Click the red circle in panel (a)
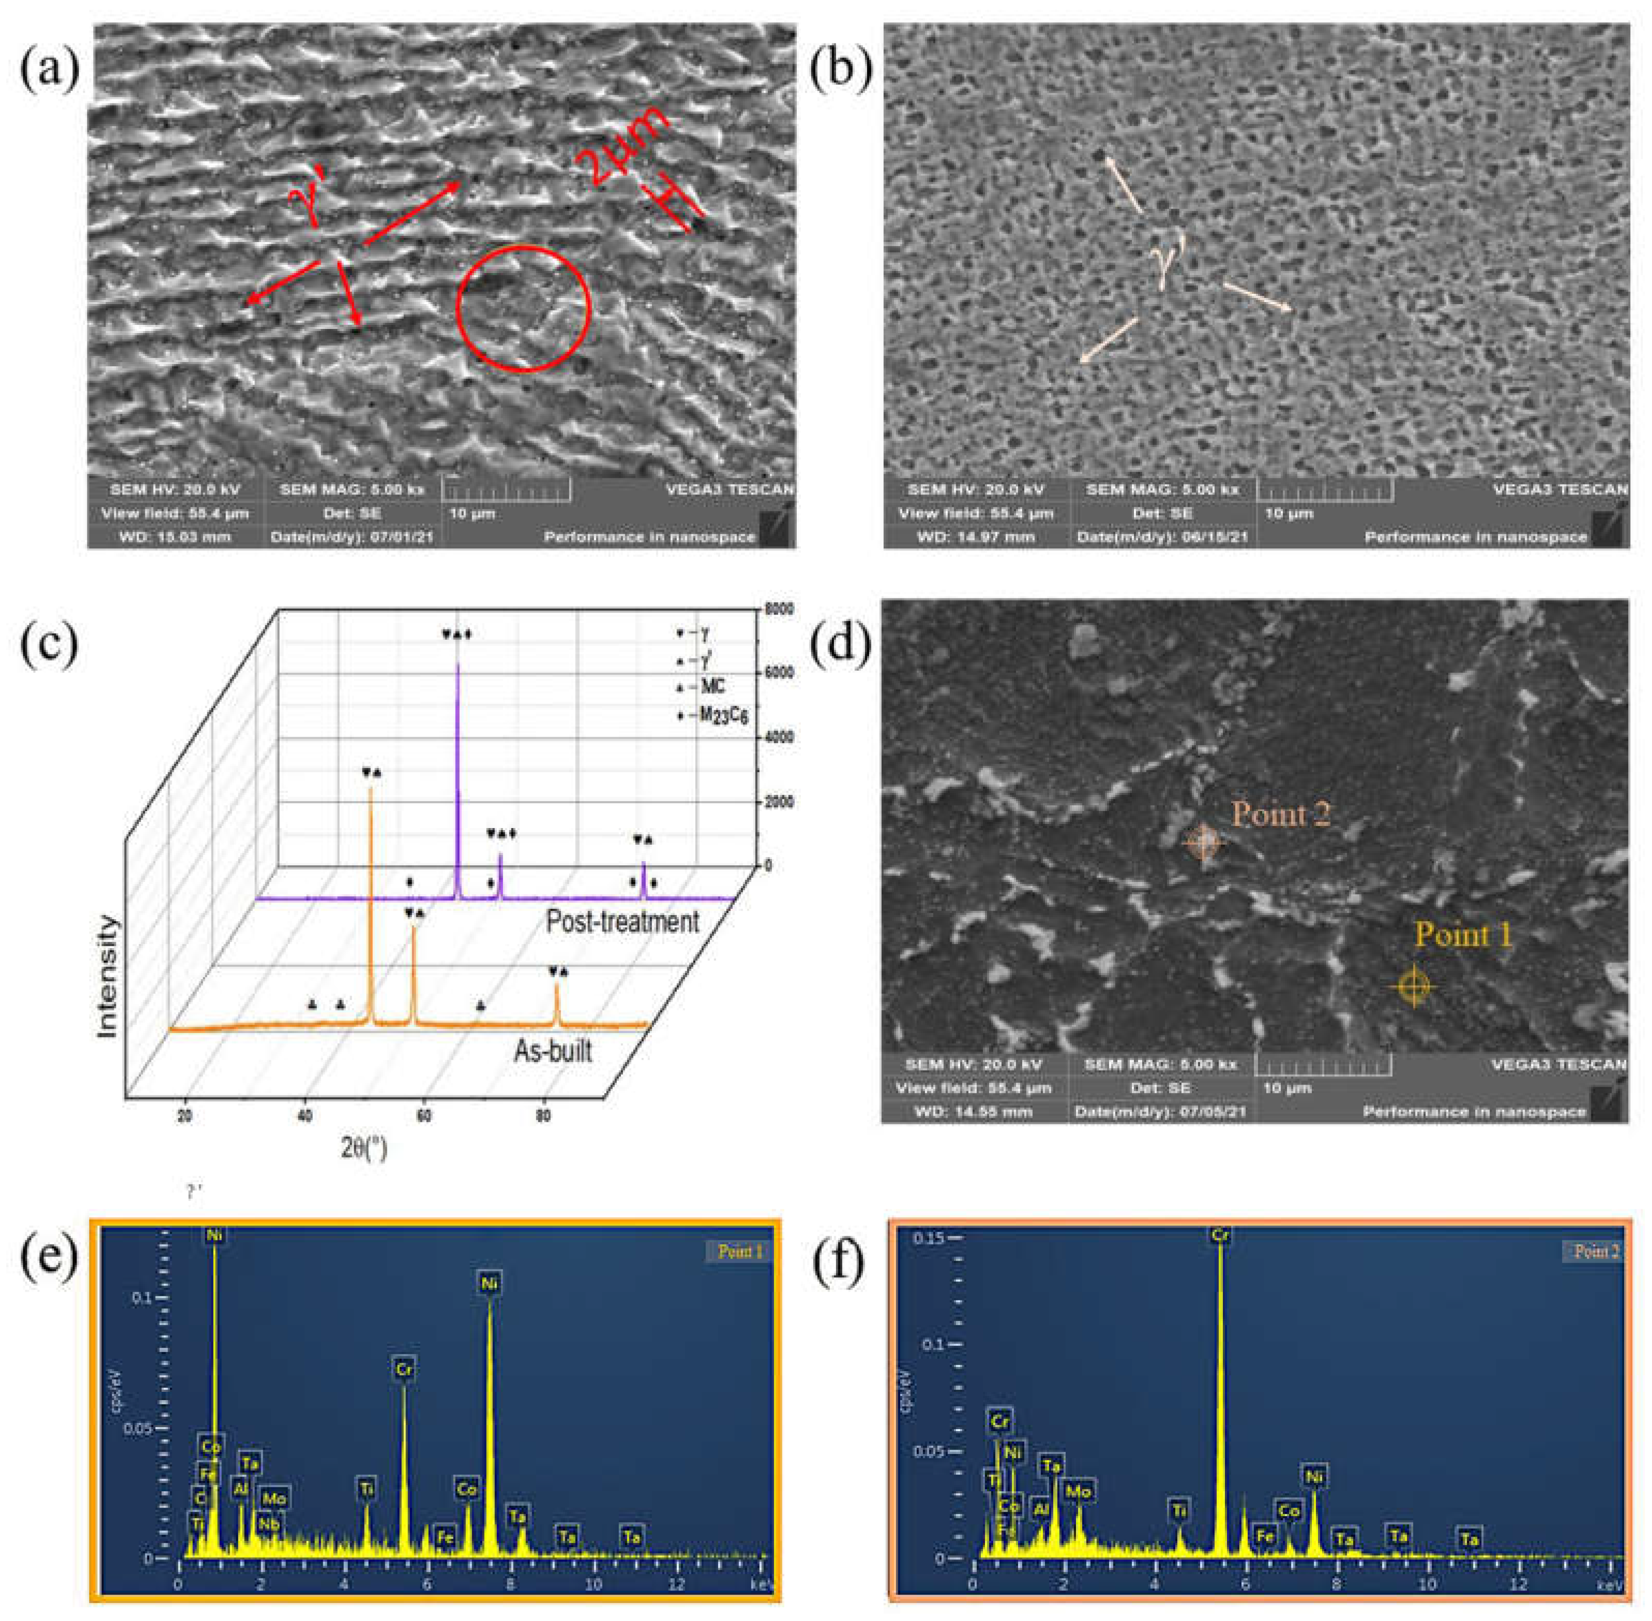(523, 308)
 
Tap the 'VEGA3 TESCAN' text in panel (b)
(1560, 489)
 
